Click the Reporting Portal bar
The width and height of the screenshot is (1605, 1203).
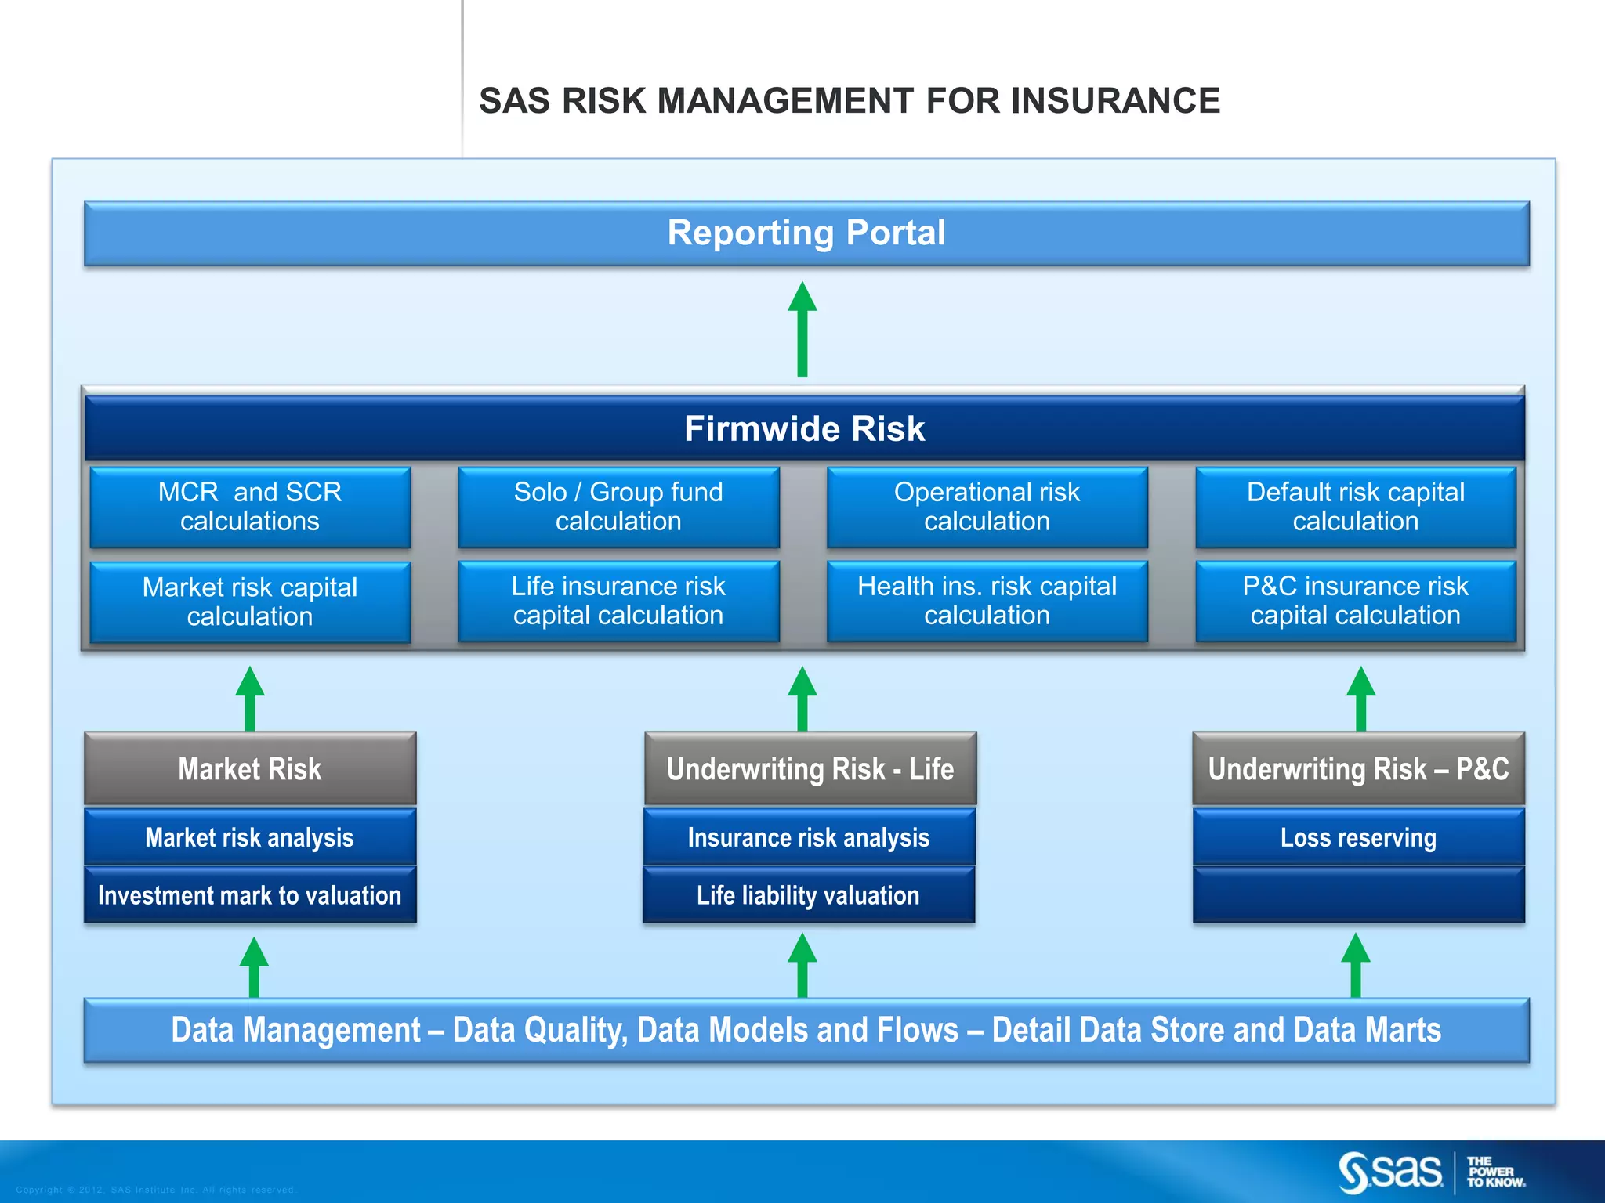pos(806,233)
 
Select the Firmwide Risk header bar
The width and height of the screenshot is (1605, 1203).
pos(804,428)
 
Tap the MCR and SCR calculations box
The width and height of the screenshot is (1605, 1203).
pos(250,507)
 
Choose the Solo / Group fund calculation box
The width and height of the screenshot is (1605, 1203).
pos(618,507)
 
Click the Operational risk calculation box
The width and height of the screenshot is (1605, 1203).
pos(987,507)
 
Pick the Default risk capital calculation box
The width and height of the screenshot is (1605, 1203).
pos(1355,507)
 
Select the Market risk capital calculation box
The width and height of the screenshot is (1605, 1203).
pos(250,601)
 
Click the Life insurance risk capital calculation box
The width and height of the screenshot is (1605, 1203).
pos(618,601)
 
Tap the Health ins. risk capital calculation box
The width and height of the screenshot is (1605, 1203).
pos(987,601)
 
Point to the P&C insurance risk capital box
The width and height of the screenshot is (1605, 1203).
pos(1355,601)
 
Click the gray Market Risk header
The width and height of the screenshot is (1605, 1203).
pos(250,768)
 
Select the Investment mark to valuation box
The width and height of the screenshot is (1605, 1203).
pos(250,895)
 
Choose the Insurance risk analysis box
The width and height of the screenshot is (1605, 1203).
pos(809,837)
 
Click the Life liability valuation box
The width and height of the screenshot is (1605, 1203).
pos(809,895)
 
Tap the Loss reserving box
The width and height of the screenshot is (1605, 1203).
pos(1358,837)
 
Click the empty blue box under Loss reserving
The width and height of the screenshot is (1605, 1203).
pos(1358,895)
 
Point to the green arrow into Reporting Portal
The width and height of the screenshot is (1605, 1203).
pos(802,329)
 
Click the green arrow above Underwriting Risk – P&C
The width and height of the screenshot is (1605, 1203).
pos(1360,699)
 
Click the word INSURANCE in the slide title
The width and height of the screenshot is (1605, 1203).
pos(1115,101)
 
